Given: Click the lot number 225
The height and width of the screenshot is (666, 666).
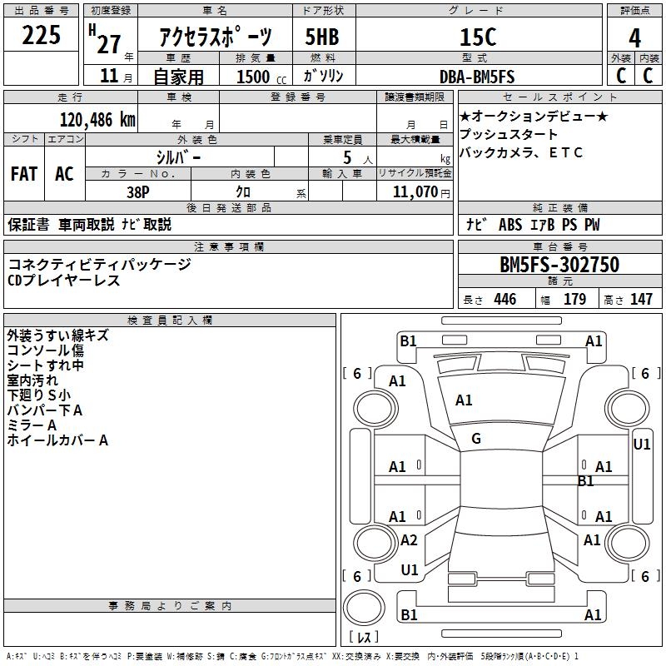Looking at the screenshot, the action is coord(41,36).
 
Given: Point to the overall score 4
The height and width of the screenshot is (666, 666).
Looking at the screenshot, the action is coord(635,37).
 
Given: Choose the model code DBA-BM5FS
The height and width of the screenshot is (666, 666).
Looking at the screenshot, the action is coord(477,77).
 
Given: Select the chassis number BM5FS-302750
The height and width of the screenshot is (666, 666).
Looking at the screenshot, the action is coord(559,266).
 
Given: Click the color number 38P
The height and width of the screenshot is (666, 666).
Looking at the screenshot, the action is coord(138,191).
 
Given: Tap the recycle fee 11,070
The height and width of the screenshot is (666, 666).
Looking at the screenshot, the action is coord(413,191).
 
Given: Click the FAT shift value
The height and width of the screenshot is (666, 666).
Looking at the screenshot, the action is coord(24,174).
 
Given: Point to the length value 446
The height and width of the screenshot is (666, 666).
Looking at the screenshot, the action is coord(504,300).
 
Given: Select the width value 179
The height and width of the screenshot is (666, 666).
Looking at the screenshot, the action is coord(574,300).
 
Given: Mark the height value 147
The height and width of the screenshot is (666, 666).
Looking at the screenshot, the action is coord(641,300).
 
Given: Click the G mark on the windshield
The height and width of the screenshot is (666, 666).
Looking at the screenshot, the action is coord(476,439).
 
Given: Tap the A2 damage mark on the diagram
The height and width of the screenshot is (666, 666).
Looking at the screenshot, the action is coord(409,540).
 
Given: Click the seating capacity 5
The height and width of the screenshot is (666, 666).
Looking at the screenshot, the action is coord(345,157).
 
